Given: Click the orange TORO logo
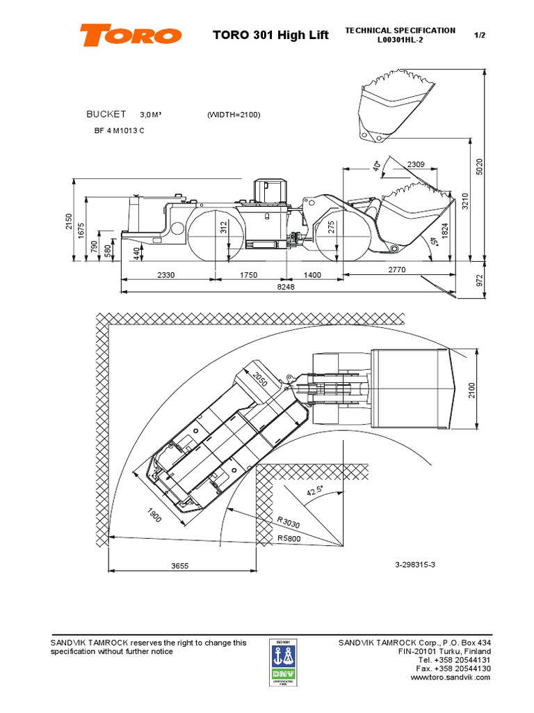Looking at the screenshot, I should [131, 35].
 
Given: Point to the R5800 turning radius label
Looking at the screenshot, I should [289, 538].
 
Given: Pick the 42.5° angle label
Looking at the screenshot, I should [315, 492].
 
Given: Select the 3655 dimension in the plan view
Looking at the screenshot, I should [181, 567].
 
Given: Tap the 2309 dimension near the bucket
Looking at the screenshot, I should [416, 164].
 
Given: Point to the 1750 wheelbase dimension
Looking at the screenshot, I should [248, 275].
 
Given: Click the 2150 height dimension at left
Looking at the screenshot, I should [68, 221].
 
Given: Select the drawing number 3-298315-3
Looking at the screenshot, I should [415, 564].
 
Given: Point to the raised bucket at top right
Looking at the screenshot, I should [396, 109].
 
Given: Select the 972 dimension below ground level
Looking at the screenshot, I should [479, 280].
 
